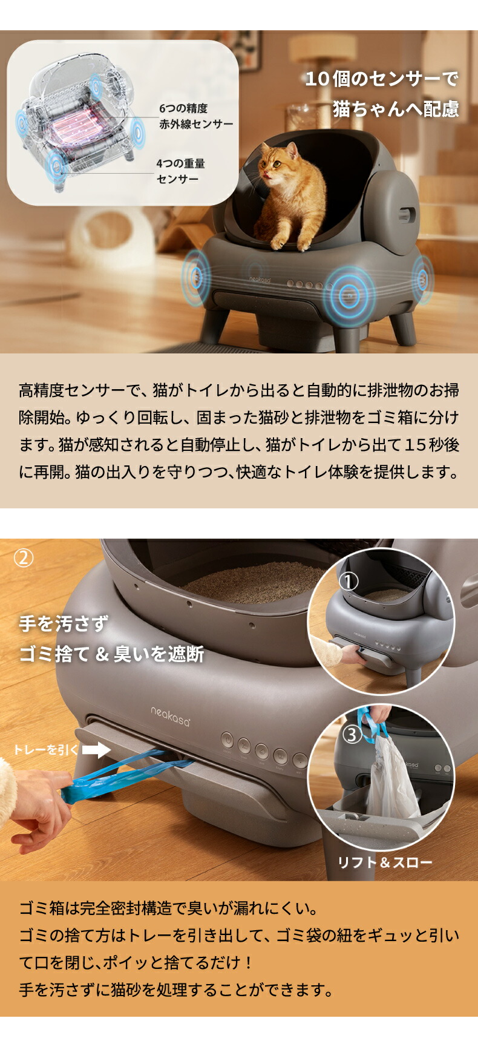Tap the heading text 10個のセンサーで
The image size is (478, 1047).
tap(381, 79)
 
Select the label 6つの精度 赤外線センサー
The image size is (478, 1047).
tap(195, 116)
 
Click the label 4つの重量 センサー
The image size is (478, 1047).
tap(180, 171)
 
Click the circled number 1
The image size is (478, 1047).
tap(348, 582)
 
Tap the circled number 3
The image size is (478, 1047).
tap(352, 735)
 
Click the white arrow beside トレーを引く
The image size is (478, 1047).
tap(96, 750)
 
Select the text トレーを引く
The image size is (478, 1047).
tap(46, 750)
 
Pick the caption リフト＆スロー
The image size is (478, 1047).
tap(385, 862)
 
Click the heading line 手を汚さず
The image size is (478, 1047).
tap(64, 624)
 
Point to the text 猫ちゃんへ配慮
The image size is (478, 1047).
tap(396, 109)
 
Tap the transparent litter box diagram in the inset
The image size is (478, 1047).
tap(79, 121)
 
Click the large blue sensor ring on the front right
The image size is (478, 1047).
tap(349, 295)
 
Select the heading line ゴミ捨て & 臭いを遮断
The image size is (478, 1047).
tap(112, 654)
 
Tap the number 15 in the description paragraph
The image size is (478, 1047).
tap(416, 445)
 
